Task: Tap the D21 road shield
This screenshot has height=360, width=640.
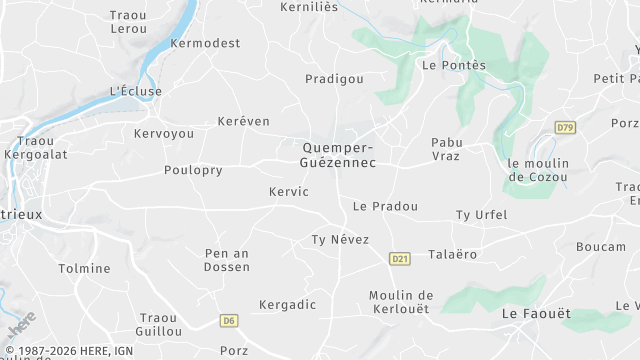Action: (400, 259)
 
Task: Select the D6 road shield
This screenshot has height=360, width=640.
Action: (230, 321)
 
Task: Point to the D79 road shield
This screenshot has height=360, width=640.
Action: (566, 128)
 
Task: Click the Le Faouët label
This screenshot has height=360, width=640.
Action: (535, 314)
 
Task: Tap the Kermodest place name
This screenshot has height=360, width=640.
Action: (205, 45)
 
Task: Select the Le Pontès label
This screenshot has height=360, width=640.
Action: (453, 66)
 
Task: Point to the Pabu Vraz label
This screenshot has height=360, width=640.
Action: (446, 149)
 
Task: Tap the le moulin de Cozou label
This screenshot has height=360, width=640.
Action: (537, 170)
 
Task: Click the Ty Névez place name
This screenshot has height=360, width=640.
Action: (340, 240)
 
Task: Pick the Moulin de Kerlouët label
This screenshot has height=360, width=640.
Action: (400, 302)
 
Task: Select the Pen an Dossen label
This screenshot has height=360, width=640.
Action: (226, 260)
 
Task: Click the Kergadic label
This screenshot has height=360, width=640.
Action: (287, 304)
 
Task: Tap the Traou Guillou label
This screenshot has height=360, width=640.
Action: (159, 324)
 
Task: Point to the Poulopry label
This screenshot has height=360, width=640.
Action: (193, 170)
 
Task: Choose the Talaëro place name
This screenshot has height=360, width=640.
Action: (452, 254)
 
